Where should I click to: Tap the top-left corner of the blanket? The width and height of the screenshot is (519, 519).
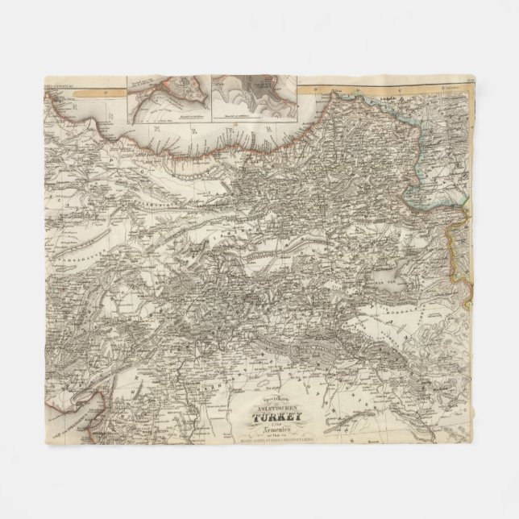point(39,79)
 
